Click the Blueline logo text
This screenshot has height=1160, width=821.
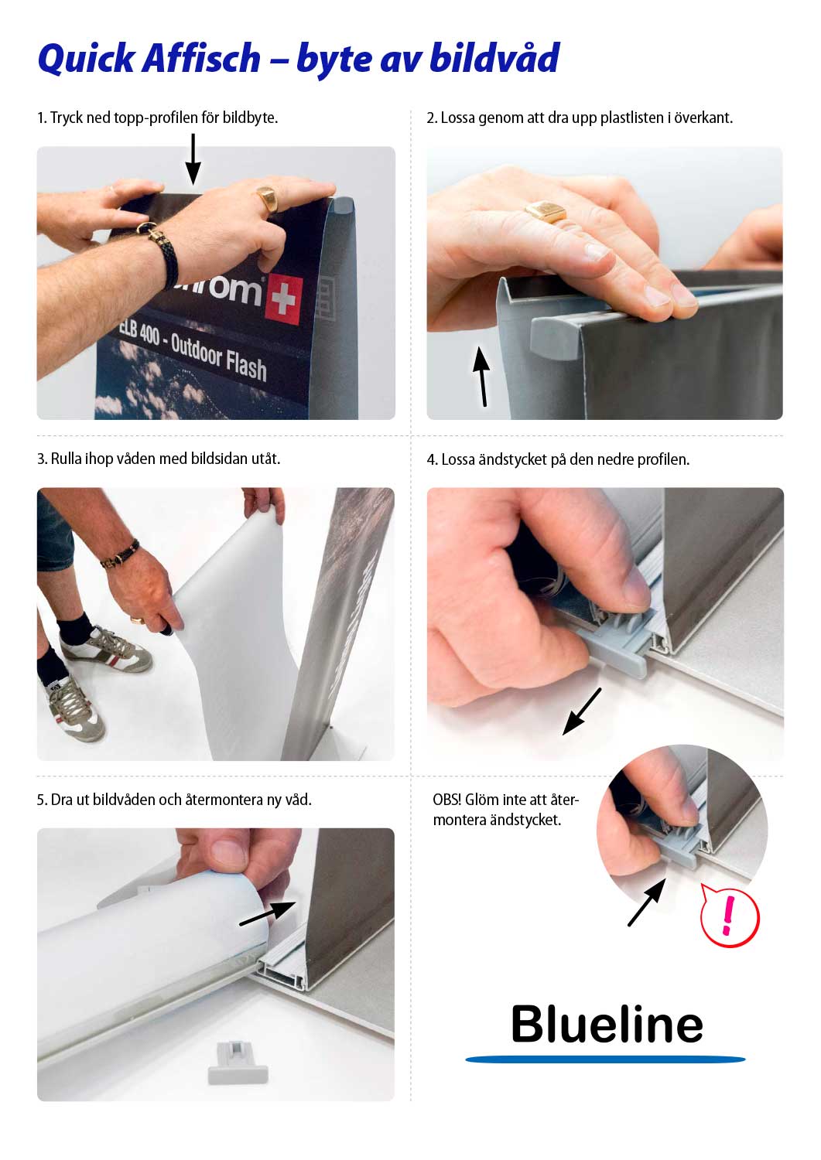[607, 1024]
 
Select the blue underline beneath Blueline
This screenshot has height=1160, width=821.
[605, 1059]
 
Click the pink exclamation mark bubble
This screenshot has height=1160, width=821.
[729, 915]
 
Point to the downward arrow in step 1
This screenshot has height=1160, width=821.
[193, 159]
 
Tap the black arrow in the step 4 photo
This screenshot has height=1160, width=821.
[582, 711]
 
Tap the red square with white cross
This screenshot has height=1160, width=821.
[283, 300]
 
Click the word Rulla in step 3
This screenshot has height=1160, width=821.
[66, 459]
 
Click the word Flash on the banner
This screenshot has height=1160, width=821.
[245, 366]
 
